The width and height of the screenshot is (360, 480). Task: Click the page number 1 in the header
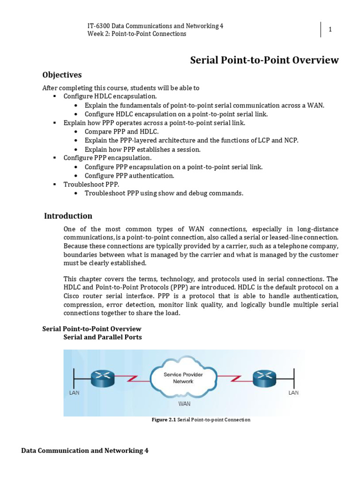(x=330, y=30)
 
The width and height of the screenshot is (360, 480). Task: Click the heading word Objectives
(x=62, y=75)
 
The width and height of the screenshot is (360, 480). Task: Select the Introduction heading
(x=68, y=216)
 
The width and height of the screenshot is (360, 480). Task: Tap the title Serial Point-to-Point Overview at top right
(x=264, y=60)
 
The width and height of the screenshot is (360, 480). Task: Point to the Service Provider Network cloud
(x=178, y=378)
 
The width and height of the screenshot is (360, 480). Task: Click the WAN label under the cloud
(x=184, y=403)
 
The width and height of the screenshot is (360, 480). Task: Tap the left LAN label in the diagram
(x=74, y=393)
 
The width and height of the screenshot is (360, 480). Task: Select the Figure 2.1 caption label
(x=164, y=420)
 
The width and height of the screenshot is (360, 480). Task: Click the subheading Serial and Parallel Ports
(x=102, y=337)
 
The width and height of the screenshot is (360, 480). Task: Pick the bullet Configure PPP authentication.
(x=129, y=176)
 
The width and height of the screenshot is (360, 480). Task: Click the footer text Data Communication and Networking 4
(x=85, y=450)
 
